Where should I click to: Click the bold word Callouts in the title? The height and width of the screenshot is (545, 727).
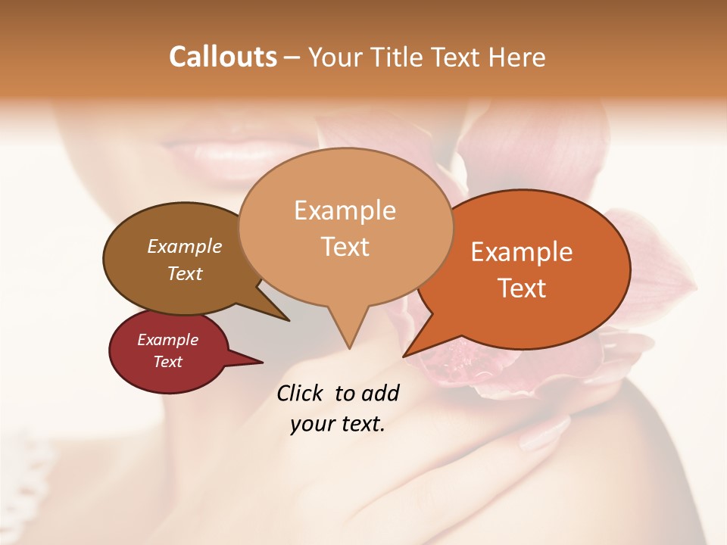coord(223,57)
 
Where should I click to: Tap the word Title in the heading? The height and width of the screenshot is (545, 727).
coord(395,57)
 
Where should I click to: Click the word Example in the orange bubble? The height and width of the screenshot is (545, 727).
coord(522,252)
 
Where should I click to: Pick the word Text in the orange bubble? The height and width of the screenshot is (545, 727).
coord(522,288)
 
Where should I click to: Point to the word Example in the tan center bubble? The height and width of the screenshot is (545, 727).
coord(345,210)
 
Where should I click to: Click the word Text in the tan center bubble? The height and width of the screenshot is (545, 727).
coord(345,247)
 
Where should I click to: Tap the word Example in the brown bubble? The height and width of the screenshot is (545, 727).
coord(184,247)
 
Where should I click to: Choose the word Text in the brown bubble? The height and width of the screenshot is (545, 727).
coord(184,273)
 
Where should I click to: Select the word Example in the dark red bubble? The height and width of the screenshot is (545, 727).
coord(167,340)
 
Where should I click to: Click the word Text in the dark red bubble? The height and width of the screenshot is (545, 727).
coord(167,362)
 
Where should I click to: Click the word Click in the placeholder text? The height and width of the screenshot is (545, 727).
coord(301,394)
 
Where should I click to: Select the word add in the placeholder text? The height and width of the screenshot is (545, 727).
coord(381,394)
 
